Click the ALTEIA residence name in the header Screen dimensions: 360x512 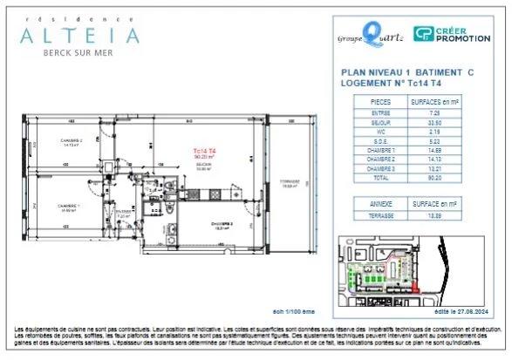pos(79,36)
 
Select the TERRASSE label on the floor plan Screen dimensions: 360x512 pos(289,182)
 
